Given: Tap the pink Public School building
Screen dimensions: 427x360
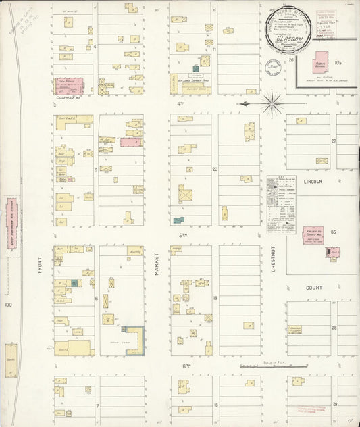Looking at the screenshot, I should tap(319, 66).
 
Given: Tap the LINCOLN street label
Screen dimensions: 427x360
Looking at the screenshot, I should tap(313, 182).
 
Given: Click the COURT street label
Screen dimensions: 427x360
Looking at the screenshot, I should tap(313, 287).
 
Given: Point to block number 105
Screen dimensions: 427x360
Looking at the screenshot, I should tap(337, 63).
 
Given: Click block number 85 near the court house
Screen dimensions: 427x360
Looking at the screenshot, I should tap(334, 232).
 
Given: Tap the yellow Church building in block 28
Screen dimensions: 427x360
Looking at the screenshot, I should tap(294, 329).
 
